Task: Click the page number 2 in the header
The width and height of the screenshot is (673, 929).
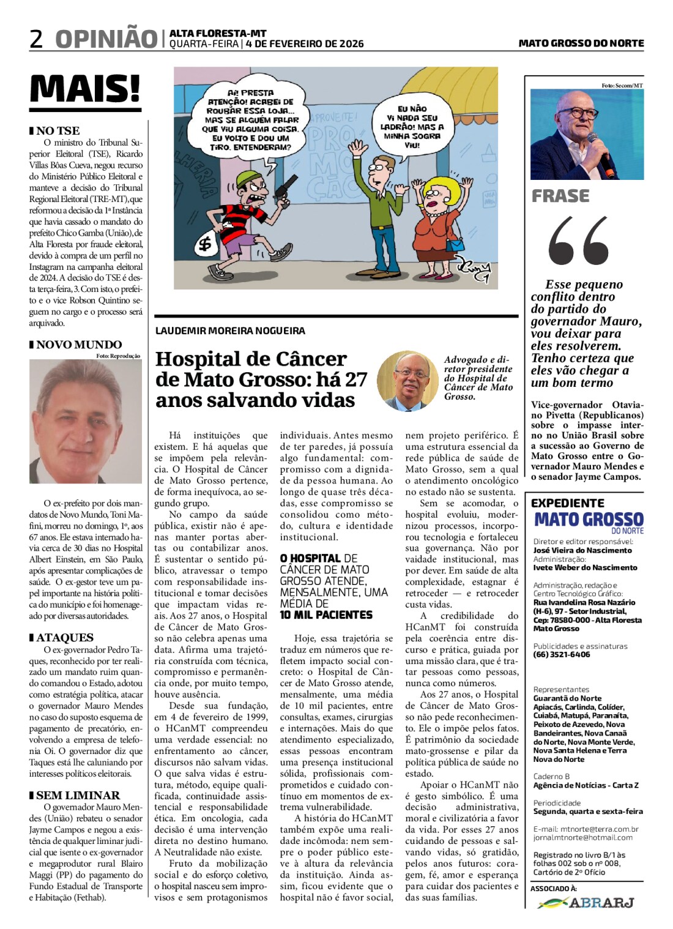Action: tap(36, 39)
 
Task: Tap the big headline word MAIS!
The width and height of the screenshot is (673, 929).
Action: tap(85, 89)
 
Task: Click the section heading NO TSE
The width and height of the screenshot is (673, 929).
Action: tap(58, 130)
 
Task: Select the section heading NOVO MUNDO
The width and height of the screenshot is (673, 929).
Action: tap(78, 345)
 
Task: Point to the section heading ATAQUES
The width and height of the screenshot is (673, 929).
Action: tap(64, 638)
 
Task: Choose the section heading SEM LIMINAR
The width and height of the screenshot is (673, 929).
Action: tap(78, 796)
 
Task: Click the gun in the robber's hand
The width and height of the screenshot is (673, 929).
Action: tap(282, 189)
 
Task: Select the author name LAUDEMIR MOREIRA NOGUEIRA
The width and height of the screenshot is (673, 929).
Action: tap(230, 331)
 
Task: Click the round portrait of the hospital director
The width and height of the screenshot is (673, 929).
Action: tap(407, 380)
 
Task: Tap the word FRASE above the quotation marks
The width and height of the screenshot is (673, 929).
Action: tap(560, 196)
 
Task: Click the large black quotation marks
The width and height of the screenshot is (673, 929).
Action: tap(578, 241)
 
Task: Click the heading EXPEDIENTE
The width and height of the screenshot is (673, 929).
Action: tap(567, 503)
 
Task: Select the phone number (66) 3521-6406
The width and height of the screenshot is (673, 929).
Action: tap(562, 655)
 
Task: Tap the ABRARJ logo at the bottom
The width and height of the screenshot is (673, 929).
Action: tap(587, 903)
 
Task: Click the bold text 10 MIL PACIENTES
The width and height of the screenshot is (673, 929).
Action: tap(326, 614)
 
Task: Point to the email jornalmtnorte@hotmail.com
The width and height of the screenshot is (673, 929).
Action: tap(582, 838)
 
